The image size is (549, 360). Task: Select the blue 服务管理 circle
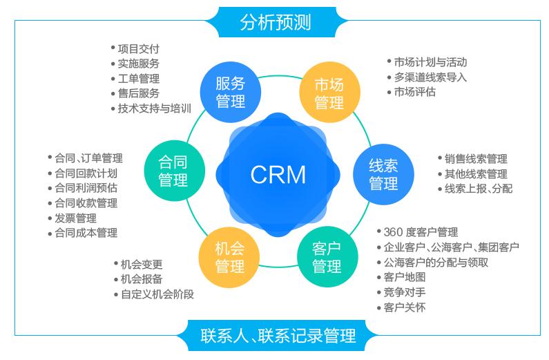coord(230,93)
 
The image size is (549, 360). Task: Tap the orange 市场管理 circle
coord(329,93)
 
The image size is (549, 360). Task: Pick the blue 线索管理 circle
coord(383,174)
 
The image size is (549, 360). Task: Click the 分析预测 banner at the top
coord(275,21)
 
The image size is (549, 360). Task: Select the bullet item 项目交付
coord(138,48)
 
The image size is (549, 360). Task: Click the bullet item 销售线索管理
coord(476,159)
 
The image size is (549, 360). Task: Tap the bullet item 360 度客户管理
coord(421,232)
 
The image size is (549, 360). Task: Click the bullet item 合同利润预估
coord(86,188)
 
